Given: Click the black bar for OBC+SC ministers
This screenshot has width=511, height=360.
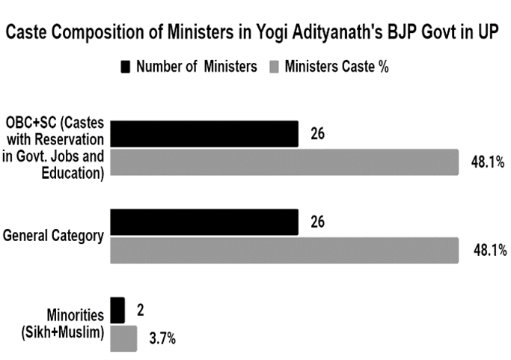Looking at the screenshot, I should point(204,135).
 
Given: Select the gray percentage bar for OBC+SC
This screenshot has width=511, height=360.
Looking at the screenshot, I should point(284,162).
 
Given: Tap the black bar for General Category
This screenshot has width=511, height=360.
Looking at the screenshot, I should point(204,222).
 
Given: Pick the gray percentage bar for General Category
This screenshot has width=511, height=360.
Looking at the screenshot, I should point(284,250).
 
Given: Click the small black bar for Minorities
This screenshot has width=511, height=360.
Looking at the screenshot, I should point(117,310).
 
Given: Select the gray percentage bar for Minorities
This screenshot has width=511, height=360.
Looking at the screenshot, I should point(123,338).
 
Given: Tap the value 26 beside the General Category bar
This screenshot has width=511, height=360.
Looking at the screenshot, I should point(317,222).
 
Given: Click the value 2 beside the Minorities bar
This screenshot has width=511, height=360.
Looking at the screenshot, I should point(140,310).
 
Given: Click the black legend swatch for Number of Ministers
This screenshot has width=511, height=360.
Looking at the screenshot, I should point(125,67).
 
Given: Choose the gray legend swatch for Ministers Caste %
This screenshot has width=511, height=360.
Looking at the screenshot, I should point(275,67).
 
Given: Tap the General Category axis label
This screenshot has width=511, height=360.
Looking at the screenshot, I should point(52,235).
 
